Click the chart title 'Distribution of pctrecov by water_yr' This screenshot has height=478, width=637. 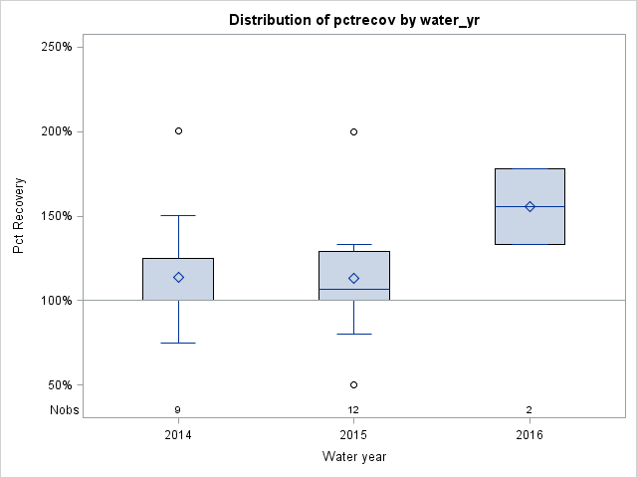tap(353, 20)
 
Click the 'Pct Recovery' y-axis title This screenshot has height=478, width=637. tap(20, 216)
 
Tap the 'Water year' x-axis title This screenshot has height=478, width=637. tap(353, 457)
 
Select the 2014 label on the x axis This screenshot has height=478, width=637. tap(178, 435)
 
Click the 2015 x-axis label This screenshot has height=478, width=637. tap(353, 435)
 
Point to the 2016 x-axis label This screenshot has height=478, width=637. tap(530, 435)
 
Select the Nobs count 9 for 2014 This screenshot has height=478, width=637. tap(178, 409)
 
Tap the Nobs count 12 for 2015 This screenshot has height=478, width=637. tap(353, 409)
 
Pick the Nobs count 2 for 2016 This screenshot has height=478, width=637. tap(530, 409)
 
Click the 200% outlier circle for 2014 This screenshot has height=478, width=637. tap(178, 130)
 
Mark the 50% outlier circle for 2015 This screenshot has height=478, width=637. tap(353, 384)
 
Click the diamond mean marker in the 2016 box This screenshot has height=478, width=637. tap(530, 206)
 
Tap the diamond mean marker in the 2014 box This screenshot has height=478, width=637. tap(178, 277)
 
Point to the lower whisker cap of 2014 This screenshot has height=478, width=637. tap(178, 343)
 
